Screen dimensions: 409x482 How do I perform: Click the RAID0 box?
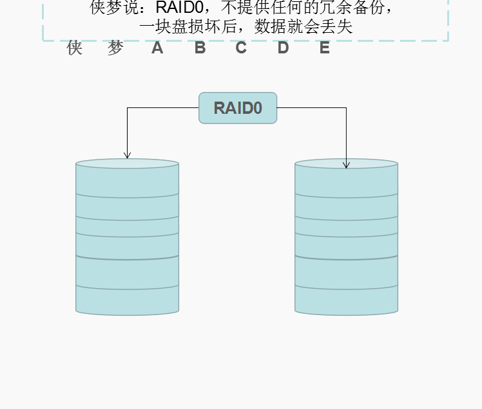238,108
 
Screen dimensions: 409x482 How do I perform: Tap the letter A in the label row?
157,48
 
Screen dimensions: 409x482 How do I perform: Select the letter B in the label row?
200,48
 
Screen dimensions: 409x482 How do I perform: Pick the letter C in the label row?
241,48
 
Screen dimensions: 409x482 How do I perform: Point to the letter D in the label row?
283,48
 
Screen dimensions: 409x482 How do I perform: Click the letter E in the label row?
325,48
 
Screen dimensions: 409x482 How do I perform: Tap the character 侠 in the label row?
75,48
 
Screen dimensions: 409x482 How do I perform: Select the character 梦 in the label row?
115,48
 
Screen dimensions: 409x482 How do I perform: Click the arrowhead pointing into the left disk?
127,155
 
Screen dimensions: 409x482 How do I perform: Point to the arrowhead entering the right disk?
346,165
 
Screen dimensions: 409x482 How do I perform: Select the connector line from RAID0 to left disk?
161,108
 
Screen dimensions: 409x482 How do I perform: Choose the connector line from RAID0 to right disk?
313,108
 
